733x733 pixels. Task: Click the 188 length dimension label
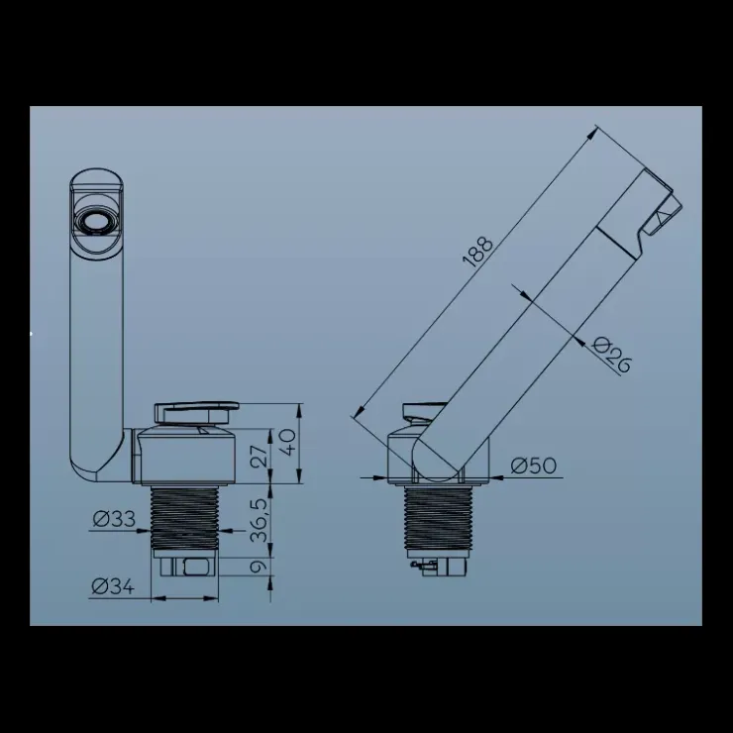[477, 253]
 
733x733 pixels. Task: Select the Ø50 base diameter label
[533, 466]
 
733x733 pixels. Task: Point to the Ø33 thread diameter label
[114, 518]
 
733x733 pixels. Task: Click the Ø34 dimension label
[113, 586]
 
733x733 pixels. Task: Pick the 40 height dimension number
[288, 442]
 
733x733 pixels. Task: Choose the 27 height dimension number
[260, 456]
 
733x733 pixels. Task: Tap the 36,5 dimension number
[260, 520]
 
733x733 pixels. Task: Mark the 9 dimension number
[259, 567]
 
